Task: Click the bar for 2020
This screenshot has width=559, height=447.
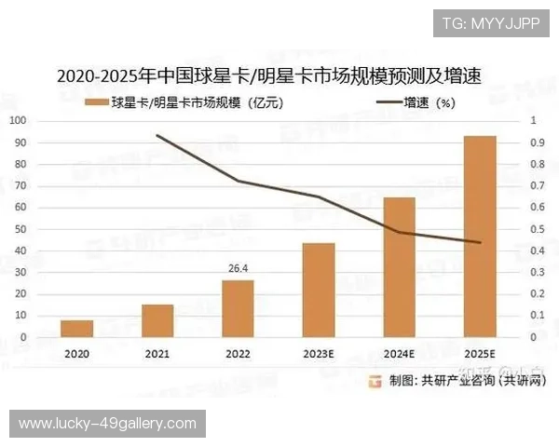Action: click(77, 328)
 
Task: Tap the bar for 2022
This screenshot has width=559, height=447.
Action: click(239, 308)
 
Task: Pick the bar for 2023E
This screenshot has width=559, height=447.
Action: click(319, 290)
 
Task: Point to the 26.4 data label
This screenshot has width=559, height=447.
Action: click(238, 269)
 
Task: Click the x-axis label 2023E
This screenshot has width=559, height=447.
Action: click(319, 354)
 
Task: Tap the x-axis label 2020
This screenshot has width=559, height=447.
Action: click(77, 354)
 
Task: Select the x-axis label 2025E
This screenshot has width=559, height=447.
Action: click(480, 354)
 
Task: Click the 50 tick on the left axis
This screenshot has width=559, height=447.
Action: click(20, 229)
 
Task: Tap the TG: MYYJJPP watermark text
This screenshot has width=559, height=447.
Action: click(490, 22)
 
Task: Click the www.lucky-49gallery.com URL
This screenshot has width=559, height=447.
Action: click(107, 424)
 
